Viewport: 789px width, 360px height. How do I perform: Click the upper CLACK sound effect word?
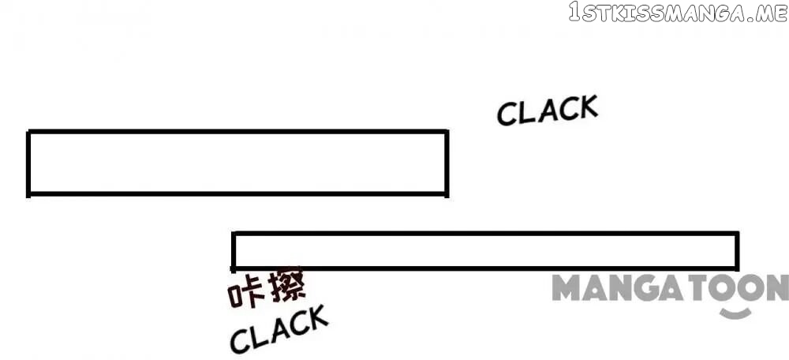point(547,110)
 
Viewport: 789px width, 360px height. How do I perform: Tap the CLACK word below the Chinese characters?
point(279,328)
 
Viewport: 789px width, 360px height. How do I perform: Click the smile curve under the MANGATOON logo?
point(735,313)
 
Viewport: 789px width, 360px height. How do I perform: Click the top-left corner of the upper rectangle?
point(28,132)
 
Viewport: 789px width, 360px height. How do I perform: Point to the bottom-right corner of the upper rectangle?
point(447,194)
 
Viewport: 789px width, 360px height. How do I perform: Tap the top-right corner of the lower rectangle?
point(737,234)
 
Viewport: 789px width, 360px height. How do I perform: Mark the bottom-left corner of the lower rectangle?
point(234,268)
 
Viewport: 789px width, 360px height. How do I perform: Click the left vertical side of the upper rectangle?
point(28,163)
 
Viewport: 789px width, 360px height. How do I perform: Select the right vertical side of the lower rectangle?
point(737,251)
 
